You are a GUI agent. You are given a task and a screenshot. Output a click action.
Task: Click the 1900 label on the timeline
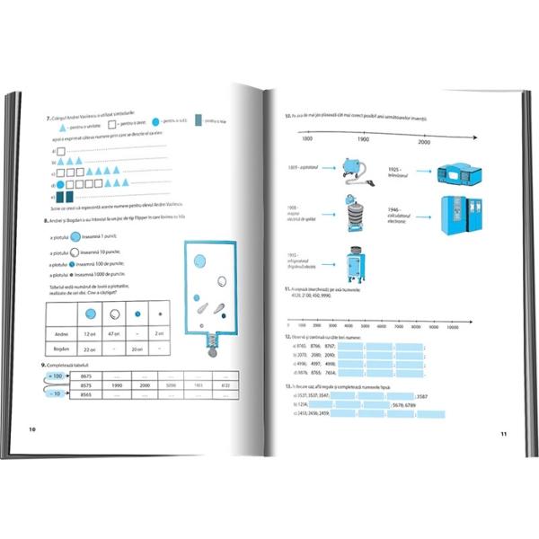[363, 140]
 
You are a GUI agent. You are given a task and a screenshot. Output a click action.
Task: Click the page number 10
[33, 429]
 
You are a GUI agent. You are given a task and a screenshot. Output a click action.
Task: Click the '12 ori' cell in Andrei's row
[91, 334]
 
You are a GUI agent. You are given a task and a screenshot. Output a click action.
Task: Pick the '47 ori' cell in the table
[113, 334]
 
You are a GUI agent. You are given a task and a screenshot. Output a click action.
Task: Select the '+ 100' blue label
[56, 376]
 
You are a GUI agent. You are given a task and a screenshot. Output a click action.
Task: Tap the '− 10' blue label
[56, 393]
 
